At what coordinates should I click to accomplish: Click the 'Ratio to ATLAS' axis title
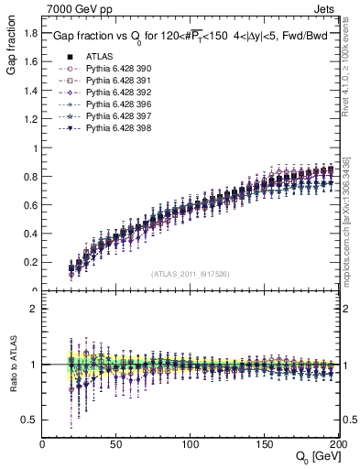pos(12,365)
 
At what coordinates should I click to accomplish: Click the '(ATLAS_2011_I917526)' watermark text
pos(191,274)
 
